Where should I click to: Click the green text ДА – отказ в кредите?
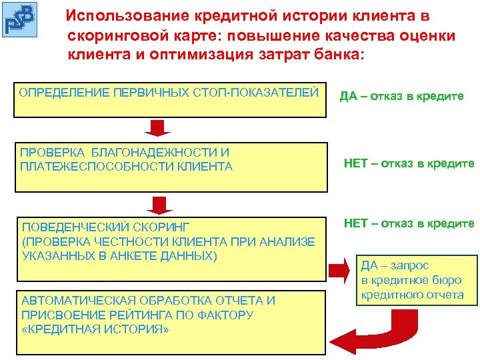click(401, 97)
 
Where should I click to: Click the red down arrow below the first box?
click(159, 127)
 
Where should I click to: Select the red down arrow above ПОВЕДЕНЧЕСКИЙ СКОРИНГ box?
click(159, 204)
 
